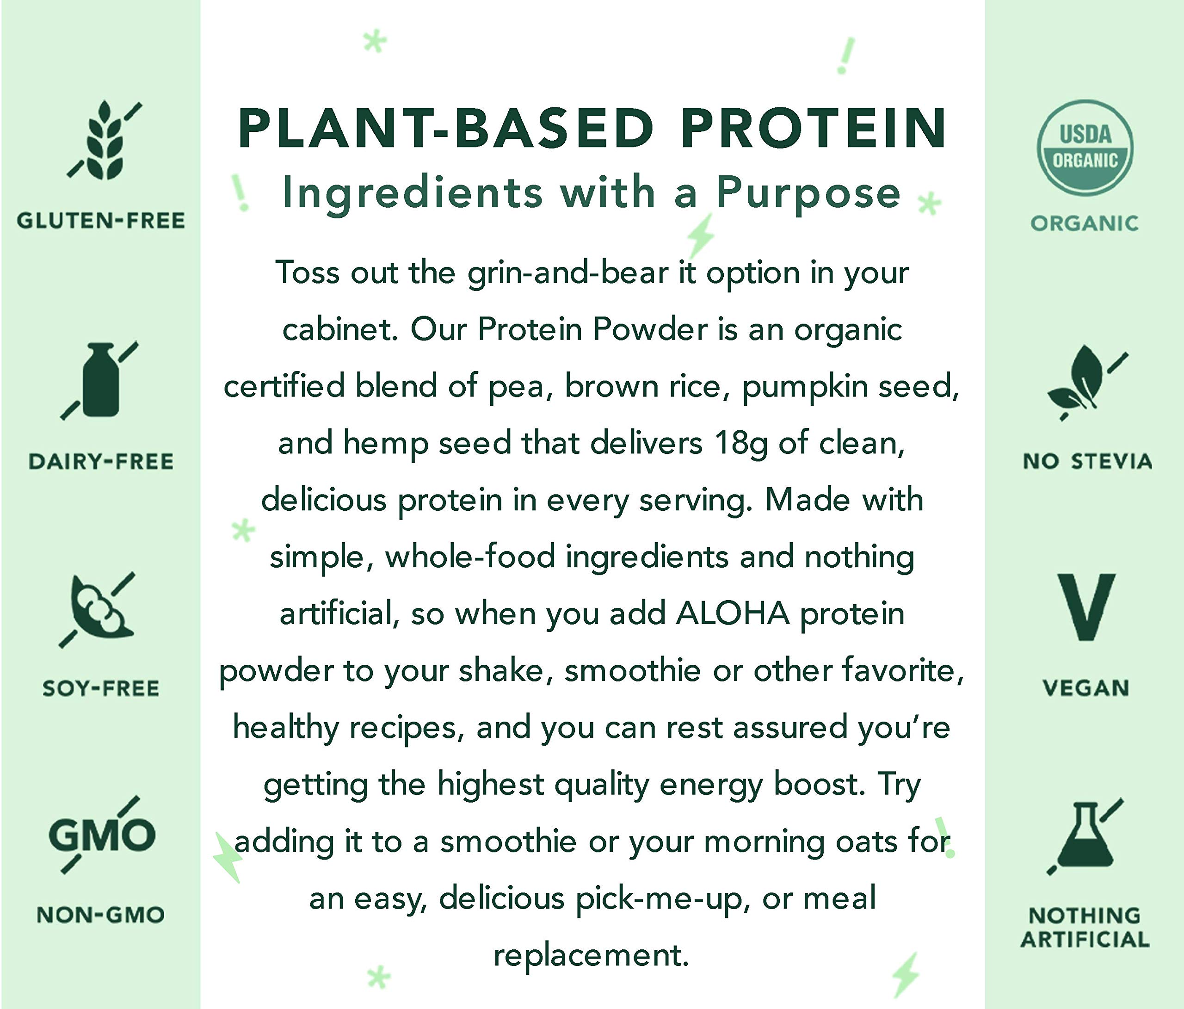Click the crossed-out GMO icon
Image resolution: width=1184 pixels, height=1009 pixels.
101,835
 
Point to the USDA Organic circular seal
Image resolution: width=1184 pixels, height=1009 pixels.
1085,149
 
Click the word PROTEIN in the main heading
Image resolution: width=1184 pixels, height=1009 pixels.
814,128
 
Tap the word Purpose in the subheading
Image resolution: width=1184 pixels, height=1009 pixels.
808,192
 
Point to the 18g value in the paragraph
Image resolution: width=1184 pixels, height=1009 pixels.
741,443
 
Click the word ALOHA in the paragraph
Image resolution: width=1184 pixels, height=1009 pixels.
733,614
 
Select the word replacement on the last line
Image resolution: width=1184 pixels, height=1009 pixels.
591,955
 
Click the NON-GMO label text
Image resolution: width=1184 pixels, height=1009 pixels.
100,915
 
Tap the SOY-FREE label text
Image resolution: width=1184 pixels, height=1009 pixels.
100,688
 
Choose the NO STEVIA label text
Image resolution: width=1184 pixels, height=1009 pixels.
1087,461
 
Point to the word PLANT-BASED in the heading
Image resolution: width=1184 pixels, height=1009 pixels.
446,128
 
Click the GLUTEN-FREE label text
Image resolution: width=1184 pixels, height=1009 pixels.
100,221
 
